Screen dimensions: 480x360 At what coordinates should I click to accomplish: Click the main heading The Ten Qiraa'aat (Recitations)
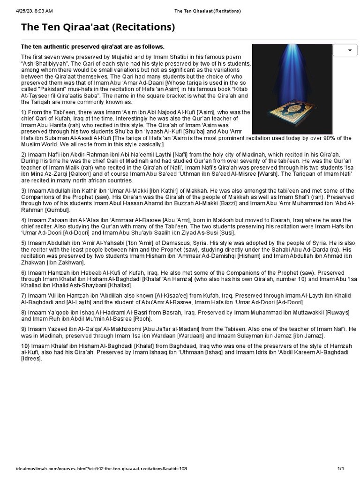[x=98, y=27]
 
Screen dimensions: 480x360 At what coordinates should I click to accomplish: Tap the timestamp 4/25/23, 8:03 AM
[x=34, y=10]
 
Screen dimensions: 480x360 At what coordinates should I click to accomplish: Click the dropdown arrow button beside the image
[x=348, y=50]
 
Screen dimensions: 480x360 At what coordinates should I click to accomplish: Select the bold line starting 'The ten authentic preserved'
[x=93, y=46]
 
